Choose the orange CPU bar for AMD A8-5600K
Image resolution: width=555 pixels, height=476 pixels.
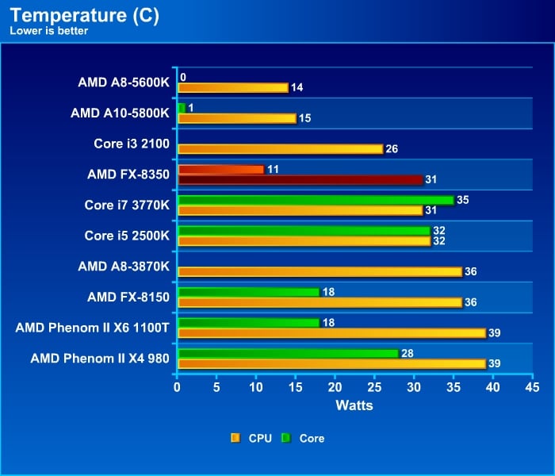tap(233, 87)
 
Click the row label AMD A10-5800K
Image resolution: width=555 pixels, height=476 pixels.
tap(120, 113)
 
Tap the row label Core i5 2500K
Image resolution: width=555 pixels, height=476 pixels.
tap(127, 236)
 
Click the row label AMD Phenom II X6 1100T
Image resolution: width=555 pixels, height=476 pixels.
tap(92, 328)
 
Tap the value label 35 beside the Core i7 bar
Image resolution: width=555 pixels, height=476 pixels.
tap(463, 200)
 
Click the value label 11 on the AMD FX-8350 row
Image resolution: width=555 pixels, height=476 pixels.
tap(274, 170)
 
